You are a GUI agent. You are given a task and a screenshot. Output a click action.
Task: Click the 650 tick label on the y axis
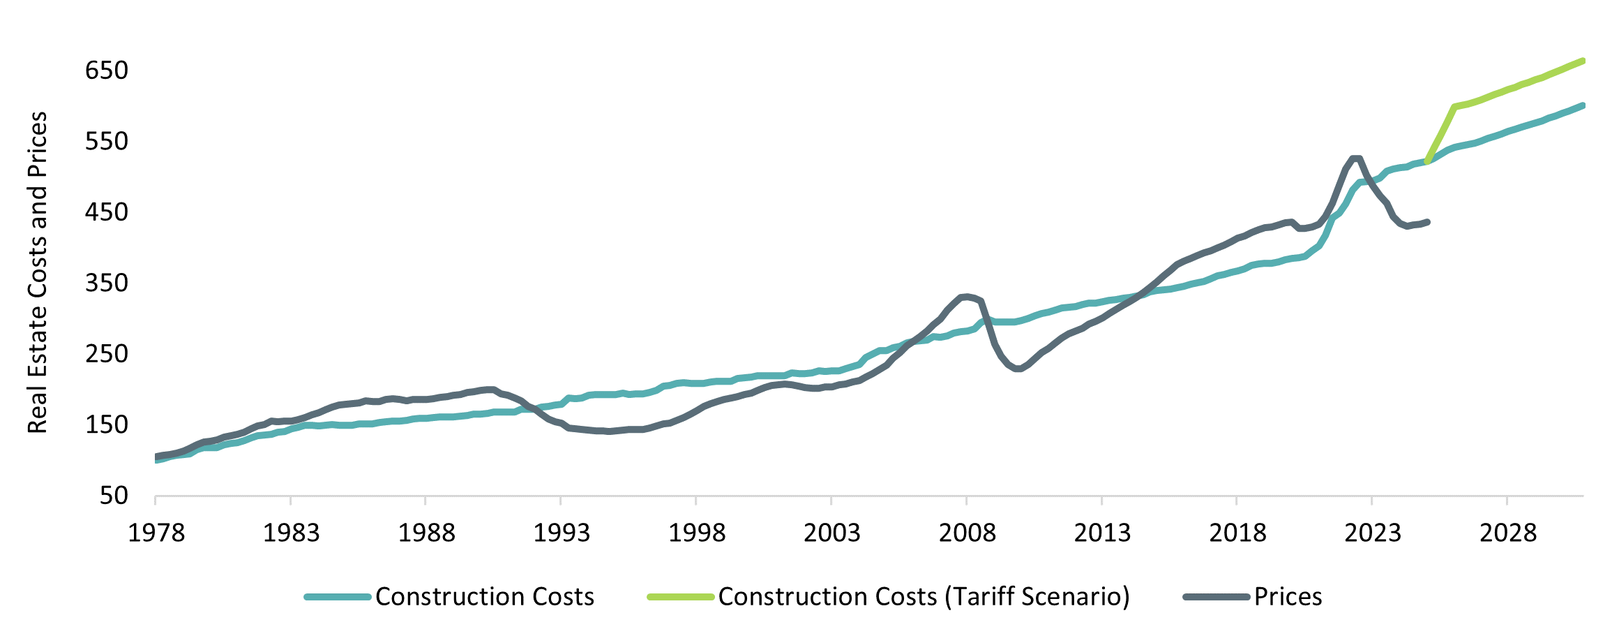pyautogui.click(x=107, y=71)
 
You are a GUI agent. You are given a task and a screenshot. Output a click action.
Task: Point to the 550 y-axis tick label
pyautogui.click(x=107, y=141)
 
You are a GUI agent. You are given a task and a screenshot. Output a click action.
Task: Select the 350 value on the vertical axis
pyautogui.click(x=107, y=283)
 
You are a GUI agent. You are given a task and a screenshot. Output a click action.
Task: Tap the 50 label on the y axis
pyautogui.click(x=114, y=496)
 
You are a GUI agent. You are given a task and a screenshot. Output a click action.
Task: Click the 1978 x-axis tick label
pyautogui.click(x=156, y=533)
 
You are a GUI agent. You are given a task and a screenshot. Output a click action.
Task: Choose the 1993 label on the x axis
pyautogui.click(x=562, y=533)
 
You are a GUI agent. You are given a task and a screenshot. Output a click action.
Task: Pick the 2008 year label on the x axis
pyautogui.click(x=967, y=533)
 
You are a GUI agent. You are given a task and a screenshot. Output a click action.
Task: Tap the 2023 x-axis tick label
pyautogui.click(x=1372, y=533)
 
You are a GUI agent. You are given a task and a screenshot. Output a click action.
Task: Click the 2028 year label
pyautogui.click(x=1507, y=533)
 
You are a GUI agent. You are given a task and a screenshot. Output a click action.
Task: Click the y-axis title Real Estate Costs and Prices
pyautogui.click(x=38, y=272)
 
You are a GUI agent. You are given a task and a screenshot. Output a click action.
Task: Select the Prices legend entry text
pyautogui.click(x=1288, y=597)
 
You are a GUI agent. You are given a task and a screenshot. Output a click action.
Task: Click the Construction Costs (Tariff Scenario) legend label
pyautogui.click(x=924, y=597)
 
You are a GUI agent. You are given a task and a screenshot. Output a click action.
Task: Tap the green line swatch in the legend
pyautogui.click(x=681, y=597)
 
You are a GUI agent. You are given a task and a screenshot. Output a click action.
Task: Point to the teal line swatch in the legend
pyautogui.click(x=337, y=597)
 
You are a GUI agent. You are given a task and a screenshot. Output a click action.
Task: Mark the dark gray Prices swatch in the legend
pyautogui.click(x=1216, y=597)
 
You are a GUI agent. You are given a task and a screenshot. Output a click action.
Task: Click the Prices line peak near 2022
pyautogui.click(x=1356, y=158)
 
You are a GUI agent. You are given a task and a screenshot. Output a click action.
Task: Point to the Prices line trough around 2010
pyautogui.click(x=1018, y=369)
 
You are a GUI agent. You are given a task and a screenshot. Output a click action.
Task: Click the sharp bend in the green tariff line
pyautogui.click(x=1454, y=107)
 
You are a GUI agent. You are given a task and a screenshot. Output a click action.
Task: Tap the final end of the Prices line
pyautogui.click(x=1428, y=222)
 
